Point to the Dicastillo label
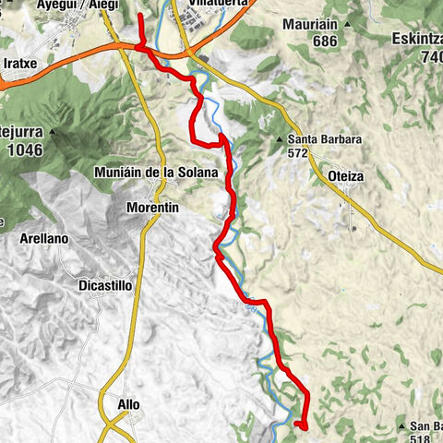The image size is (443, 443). click(105, 285)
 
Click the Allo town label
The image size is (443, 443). click(129, 404)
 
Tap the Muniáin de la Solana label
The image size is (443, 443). click(156, 173)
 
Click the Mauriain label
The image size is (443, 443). click(308, 24)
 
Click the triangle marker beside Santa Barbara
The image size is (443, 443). click(279, 140)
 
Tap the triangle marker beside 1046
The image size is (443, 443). click(54, 132)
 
